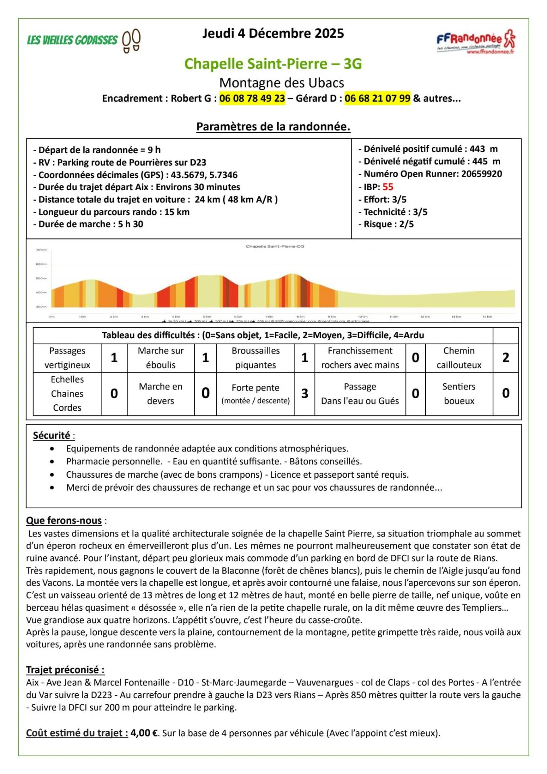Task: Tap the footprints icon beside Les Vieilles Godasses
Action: tap(131, 40)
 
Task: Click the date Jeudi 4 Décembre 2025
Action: tap(273, 33)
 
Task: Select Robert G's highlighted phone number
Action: tap(252, 98)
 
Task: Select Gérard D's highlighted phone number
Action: tap(377, 98)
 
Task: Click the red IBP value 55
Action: tap(388, 187)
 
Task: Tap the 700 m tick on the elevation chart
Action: tap(41, 250)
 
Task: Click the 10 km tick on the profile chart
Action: tap(363, 317)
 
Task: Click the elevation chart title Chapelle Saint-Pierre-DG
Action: tap(275, 246)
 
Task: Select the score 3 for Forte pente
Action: tap(305, 393)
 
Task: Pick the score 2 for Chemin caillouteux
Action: tap(506, 358)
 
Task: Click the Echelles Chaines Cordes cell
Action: tap(67, 393)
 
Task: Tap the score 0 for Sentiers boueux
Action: tap(506, 393)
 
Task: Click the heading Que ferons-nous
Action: tap(64, 520)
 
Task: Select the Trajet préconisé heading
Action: tap(65, 670)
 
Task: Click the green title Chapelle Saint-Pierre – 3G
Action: tap(273, 64)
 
